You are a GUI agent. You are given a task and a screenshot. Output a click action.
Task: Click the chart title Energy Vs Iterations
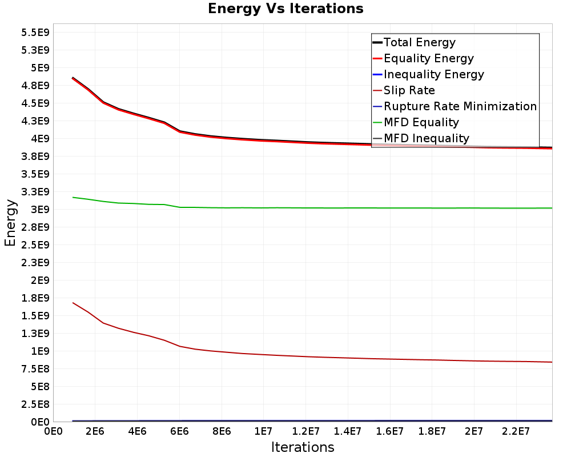click(x=285, y=9)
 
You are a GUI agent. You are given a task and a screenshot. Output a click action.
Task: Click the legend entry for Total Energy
click(x=414, y=42)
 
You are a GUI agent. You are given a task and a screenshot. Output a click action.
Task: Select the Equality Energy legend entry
click(x=423, y=58)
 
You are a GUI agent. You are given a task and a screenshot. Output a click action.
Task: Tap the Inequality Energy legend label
click(x=428, y=74)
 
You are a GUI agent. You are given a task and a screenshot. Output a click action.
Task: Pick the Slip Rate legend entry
click(x=404, y=90)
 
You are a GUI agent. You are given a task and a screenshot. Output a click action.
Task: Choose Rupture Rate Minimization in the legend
click(x=455, y=106)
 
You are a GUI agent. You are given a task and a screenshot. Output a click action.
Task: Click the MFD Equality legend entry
click(x=416, y=122)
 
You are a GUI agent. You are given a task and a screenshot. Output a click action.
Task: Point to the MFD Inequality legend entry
click(x=421, y=138)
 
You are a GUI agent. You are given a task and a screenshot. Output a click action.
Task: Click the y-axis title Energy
click(x=10, y=223)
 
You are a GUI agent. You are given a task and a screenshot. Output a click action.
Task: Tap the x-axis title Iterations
click(x=303, y=447)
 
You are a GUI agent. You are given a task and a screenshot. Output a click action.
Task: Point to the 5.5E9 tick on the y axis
click(x=35, y=33)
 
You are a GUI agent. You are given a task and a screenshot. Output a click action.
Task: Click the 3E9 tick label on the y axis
click(x=40, y=210)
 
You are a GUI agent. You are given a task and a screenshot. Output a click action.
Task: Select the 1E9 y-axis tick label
click(x=40, y=351)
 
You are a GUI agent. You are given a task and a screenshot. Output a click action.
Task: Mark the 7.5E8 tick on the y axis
click(x=35, y=369)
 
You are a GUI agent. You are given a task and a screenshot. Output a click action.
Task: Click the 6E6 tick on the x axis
click(x=179, y=431)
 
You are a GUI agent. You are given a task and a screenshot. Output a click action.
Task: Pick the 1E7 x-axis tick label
click(x=263, y=431)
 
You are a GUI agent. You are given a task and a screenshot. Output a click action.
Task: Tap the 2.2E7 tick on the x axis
click(x=516, y=431)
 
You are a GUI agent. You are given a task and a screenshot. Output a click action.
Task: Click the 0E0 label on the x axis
click(x=53, y=431)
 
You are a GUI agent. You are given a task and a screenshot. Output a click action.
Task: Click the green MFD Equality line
click(x=312, y=208)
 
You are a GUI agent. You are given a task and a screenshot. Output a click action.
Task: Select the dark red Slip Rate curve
click(x=312, y=356)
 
